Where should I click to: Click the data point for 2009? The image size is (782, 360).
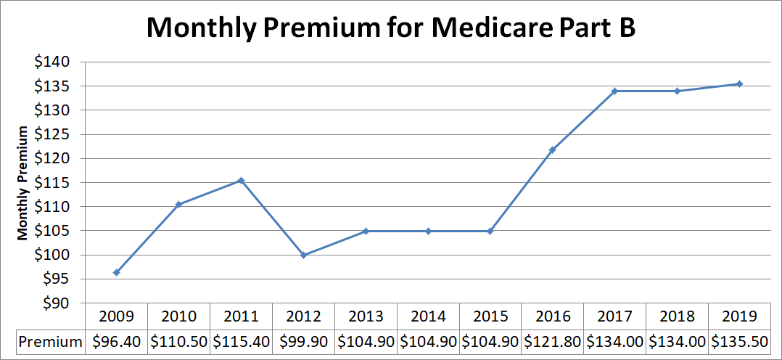(116, 272)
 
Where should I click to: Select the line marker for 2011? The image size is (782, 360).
(241, 181)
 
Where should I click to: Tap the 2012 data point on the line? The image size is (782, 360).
(303, 255)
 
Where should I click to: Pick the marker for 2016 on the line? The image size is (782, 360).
(552, 150)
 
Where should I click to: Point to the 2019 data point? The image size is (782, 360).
(739, 84)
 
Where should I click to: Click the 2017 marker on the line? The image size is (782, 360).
(614, 91)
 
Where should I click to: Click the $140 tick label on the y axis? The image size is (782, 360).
(52, 62)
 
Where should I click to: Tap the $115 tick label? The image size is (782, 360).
(52, 183)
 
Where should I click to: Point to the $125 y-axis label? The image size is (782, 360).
(52, 134)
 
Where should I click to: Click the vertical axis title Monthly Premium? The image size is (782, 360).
(23, 183)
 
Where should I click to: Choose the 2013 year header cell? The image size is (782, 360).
(366, 316)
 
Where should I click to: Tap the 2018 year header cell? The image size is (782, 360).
(677, 316)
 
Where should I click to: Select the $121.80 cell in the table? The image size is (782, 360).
(552, 340)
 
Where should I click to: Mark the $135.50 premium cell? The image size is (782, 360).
(739, 340)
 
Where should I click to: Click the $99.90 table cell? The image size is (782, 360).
(303, 340)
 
